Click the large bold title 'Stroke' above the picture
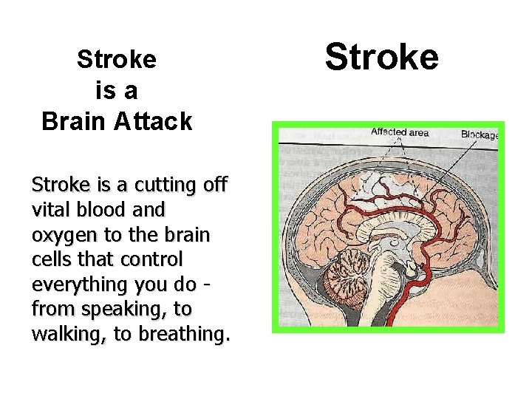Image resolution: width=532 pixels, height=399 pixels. pyautogui.click(x=382, y=57)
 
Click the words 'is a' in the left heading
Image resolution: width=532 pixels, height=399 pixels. pyautogui.click(x=117, y=90)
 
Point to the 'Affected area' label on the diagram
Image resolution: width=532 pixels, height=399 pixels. pyautogui.click(x=400, y=132)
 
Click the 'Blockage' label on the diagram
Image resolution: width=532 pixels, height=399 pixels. pyautogui.click(x=480, y=134)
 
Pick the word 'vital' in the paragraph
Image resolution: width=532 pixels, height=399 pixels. pyautogui.click(x=52, y=209)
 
